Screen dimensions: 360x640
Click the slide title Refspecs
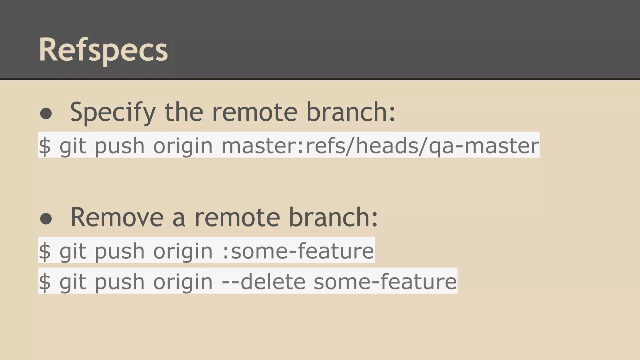(103, 50)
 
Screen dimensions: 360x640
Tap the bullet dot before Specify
(46, 113)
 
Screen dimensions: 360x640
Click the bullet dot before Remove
(46, 219)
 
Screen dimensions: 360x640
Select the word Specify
(113, 112)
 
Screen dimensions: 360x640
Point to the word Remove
(117, 217)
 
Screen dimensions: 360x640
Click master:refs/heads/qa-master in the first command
(380, 146)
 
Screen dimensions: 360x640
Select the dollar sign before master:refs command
(45, 146)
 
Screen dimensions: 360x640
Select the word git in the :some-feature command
(73, 251)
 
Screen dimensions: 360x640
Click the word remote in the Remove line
(237, 217)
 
